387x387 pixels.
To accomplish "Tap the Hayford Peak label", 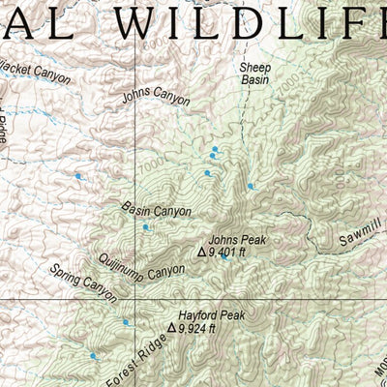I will tap(211, 315).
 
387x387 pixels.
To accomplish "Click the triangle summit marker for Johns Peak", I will tap(201, 253).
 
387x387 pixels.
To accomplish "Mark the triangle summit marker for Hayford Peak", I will tap(171, 329).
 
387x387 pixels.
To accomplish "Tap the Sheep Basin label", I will tap(255, 74).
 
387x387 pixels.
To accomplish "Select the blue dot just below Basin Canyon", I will tap(146, 227).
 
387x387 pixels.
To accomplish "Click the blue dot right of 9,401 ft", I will tap(224, 256).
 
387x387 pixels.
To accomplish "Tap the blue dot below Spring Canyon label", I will tap(125, 322).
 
